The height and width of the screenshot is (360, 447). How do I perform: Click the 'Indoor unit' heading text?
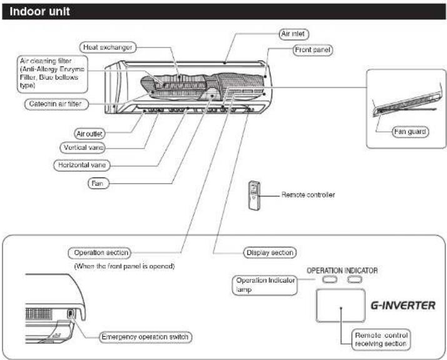pyautogui.click(x=39, y=11)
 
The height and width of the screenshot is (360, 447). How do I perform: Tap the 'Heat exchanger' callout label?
pyautogui.click(x=108, y=47)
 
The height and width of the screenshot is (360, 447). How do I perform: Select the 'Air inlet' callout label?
pyautogui.click(x=294, y=34)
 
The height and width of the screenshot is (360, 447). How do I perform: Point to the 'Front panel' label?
pyautogui.click(x=313, y=50)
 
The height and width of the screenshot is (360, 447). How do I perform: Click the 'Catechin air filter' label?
pyautogui.click(x=56, y=104)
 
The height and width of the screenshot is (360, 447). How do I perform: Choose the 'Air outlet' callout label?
pyautogui.click(x=89, y=134)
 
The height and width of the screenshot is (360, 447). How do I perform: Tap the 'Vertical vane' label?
pyautogui.click(x=83, y=147)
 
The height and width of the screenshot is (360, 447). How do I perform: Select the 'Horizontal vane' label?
pyautogui.click(x=82, y=166)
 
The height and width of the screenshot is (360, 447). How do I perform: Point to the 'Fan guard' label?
pyautogui.click(x=410, y=132)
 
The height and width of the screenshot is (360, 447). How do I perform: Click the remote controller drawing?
pyautogui.click(x=254, y=196)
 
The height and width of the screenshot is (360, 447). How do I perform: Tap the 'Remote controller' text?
pyautogui.click(x=308, y=195)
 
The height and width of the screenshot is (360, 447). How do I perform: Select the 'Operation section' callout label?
pyautogui.click(x=100, y=253)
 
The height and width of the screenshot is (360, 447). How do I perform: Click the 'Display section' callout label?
pyautogui.click(x=269, y=253)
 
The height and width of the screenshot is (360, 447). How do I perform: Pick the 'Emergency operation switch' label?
pyautogui.click(x=145, y=337)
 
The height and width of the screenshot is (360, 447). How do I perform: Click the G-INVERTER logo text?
pyautogui.click(x=403, y=306)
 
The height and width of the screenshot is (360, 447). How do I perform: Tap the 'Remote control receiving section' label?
pyautogui.click(x=381, y=340)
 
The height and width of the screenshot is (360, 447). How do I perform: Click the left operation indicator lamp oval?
pyautogui.click(x=329, y=279)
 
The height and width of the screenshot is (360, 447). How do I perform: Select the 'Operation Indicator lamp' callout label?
pyautogui.click(x=264, y=285)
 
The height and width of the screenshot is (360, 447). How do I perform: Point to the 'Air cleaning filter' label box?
pyautogui.click(x=53, y=74)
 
